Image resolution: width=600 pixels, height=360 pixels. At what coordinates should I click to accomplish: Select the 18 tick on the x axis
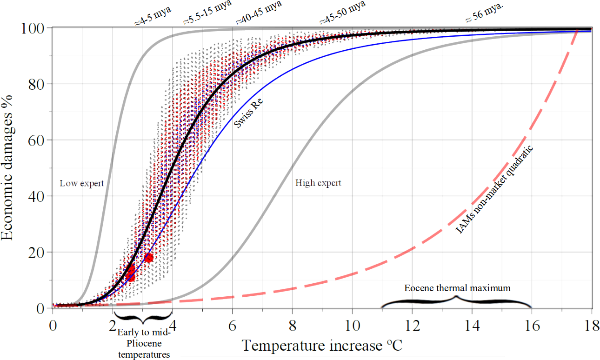(591, 326)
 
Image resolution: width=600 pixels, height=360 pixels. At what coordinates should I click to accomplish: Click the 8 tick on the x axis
(292, 326)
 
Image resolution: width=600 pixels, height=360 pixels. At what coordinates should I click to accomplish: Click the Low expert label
(82, 183)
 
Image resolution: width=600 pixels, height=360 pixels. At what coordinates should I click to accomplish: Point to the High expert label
(318, 183)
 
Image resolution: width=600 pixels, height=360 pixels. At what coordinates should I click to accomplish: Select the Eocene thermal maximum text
(457, 288)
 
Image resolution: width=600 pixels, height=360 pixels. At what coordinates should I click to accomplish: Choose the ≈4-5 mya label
(153, 16)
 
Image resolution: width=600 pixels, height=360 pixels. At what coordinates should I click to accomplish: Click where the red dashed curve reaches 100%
(577, 31)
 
